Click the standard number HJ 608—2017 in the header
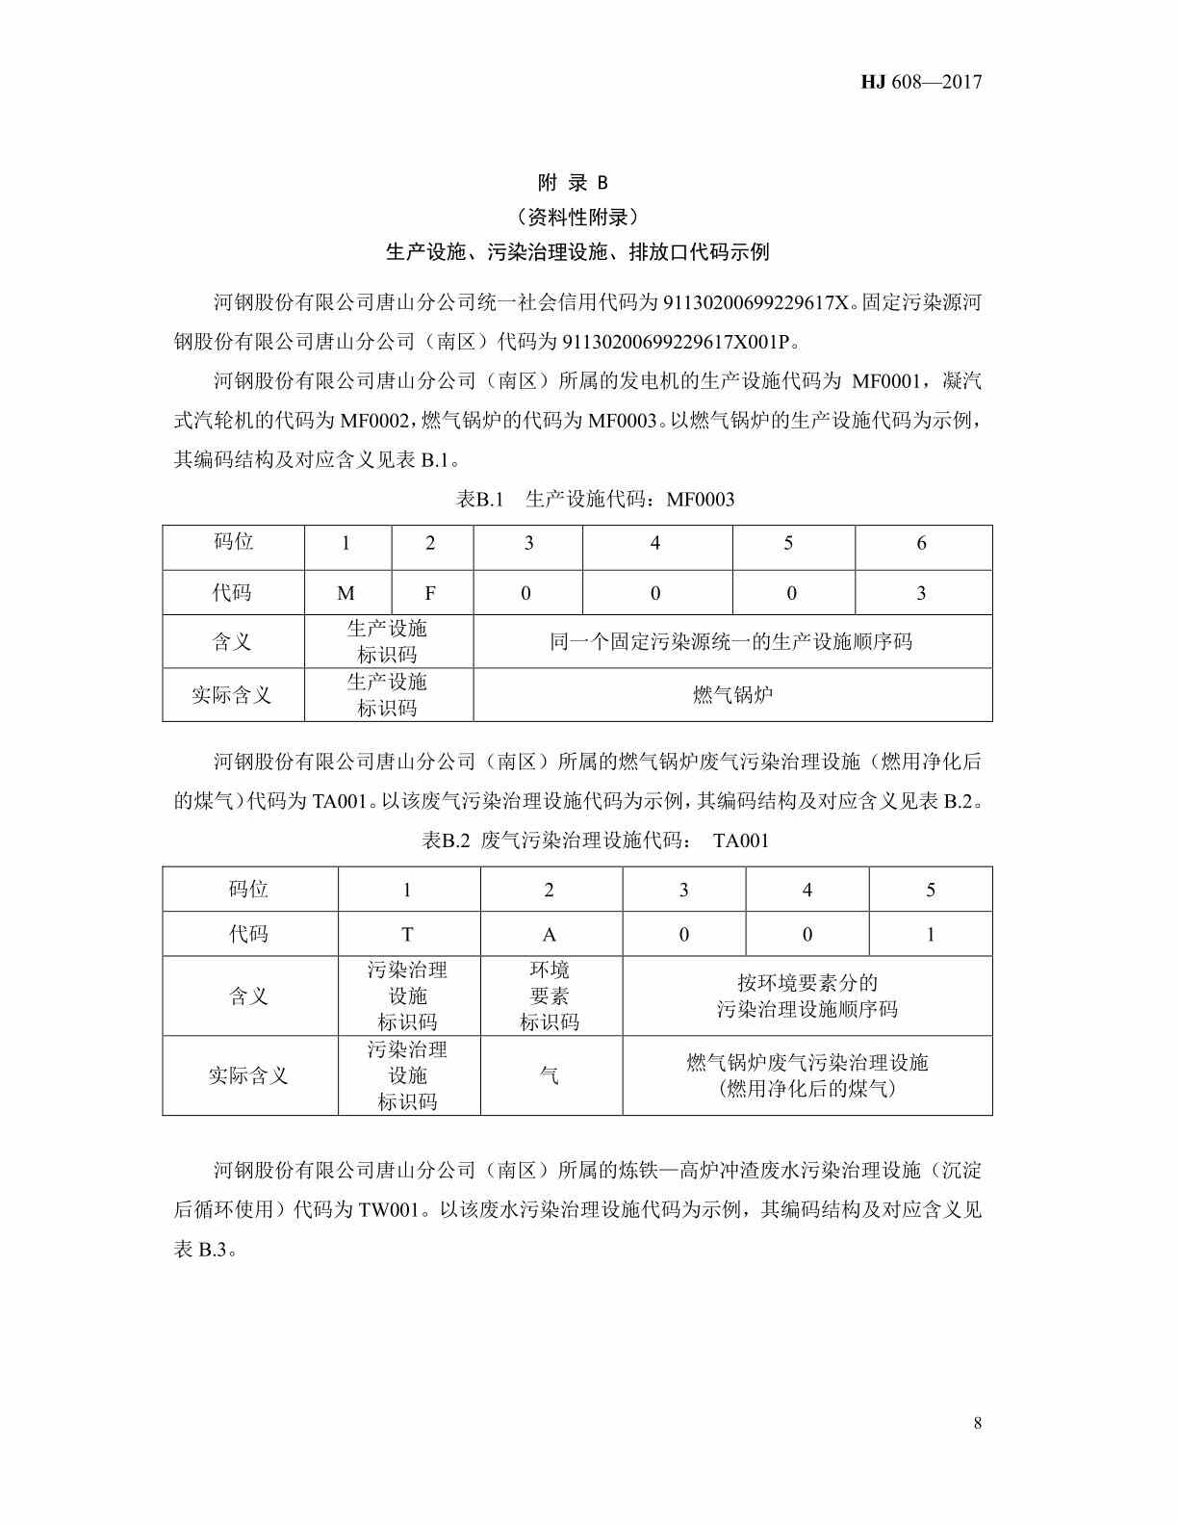pos(921,82)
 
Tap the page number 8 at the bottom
pos(978,1423)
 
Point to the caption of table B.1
pos(595,499)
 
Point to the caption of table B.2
pos(595,840)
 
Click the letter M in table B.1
pos(346,593)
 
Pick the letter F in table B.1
pos(430,593)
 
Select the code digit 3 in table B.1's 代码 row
pos(921,593)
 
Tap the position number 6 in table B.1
pos(921,543)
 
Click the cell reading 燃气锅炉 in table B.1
pos(732,694)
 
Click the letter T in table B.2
pos(407,934)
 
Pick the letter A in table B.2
pos(550,934)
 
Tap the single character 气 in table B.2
pos(550,1075)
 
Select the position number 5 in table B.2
pos(930,890)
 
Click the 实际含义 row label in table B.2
pos(248,1075)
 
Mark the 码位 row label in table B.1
pos(233,542)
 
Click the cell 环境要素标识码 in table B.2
pos(550,995)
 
